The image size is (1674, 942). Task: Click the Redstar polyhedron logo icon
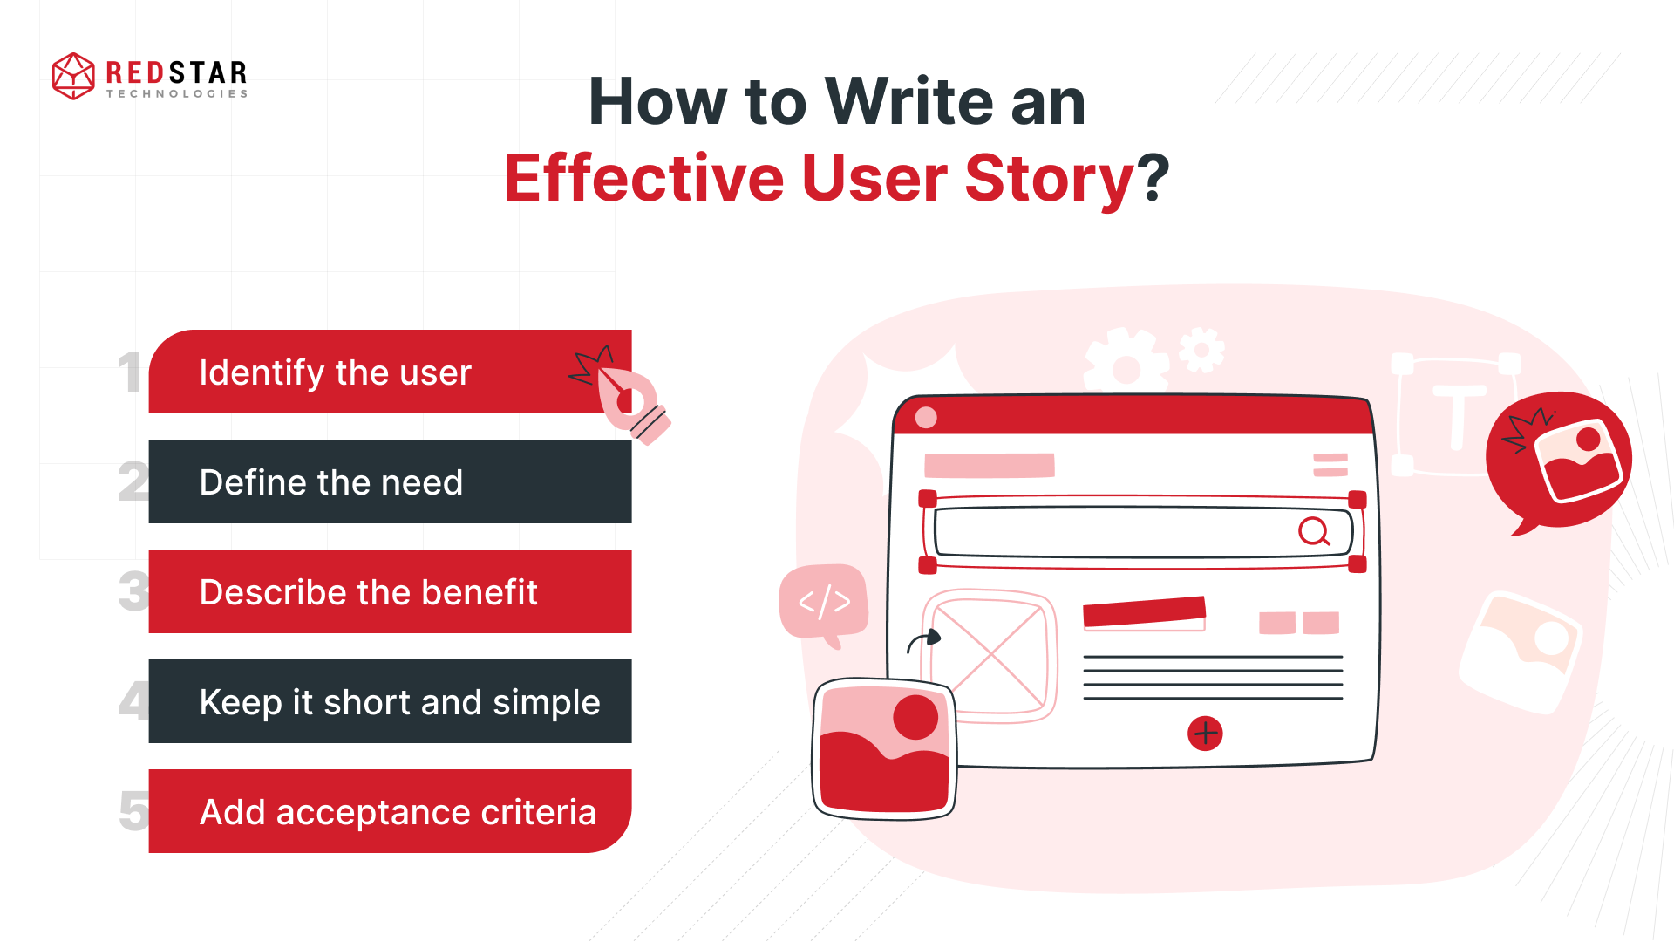point(73,76)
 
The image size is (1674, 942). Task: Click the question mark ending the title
point(1153,177)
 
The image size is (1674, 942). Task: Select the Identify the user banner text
point(335,372)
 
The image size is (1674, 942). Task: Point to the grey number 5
point(133,811)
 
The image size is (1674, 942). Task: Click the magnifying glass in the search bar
point(1313,530)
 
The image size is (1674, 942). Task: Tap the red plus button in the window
point(1205,734)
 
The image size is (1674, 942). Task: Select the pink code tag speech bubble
point(824,602)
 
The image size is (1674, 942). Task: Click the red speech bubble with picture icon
point(1559,461)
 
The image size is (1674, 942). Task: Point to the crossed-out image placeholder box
point(990,657)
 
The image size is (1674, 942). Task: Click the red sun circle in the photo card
point(915,718)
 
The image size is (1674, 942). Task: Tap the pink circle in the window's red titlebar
point(926,418)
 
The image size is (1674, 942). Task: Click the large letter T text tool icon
point(1457,417)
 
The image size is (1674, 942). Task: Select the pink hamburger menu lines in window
point(1330,465)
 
